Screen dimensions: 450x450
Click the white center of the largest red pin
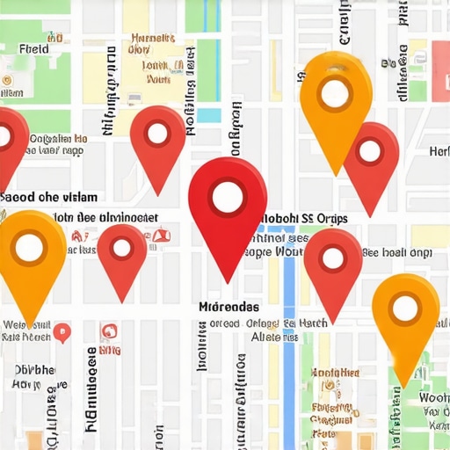(x=228, y=197)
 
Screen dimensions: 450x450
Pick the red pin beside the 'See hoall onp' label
(x=333, y=258)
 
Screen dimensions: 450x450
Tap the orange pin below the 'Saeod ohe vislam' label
(x=30, y=250)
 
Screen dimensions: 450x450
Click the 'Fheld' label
(x=33, y=49)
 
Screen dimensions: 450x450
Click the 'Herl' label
(x=439, y=151)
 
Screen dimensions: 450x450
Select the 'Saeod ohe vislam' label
(x=49, y=197)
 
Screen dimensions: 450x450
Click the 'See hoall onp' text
(x=397, y=252)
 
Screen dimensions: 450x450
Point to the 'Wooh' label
(x=433, y=397)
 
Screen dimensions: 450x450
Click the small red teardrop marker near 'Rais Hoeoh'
(x=62, y=332)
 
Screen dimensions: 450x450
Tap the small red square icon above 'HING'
(x=109, y=331)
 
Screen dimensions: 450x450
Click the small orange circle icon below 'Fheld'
(x=7, y=80)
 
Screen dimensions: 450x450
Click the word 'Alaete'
(x=272, y=337)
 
